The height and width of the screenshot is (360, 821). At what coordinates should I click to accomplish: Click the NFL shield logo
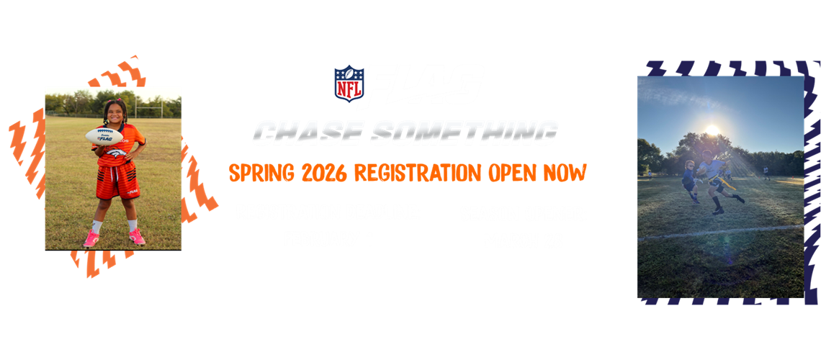point(349,84)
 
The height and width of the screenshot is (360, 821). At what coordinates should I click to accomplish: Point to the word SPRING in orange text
point(256,173)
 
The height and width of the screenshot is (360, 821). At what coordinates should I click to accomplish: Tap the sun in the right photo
point(712,130)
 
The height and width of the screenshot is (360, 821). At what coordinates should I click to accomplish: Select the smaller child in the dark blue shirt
point(688,180)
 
